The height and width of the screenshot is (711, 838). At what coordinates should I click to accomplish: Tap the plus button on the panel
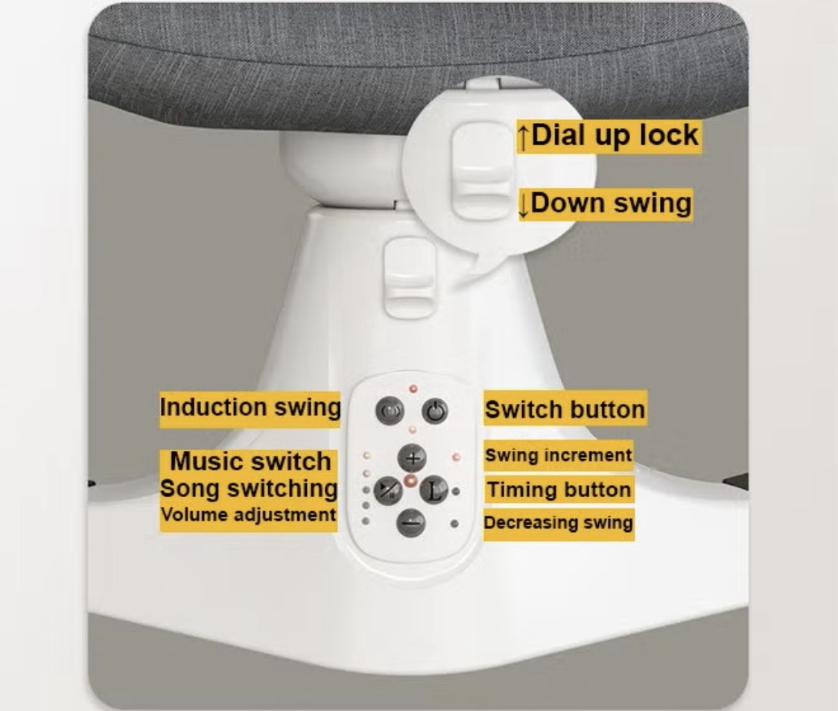pos(412,458)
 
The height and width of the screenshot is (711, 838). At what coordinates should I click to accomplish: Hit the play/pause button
pos(388,490)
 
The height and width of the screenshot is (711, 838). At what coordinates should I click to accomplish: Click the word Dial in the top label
pos(557,135)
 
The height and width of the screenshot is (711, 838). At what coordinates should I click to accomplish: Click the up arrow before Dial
pos(524,136)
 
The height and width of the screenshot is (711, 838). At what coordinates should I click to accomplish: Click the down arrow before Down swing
pos(524,205)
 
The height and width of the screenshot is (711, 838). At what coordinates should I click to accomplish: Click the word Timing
pos(518,490)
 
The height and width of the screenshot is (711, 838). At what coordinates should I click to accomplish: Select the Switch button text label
pos(565,409)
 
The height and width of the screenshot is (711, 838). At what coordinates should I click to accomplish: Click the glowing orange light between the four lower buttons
pos(411,480)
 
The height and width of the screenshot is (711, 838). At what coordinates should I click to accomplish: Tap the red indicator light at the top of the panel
pos(413,388)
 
